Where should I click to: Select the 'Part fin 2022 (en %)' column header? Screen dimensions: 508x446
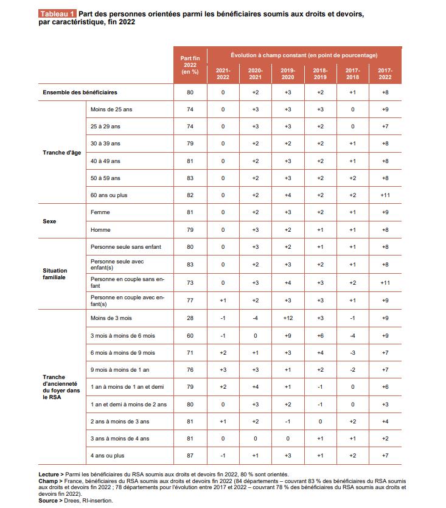coord(190,64)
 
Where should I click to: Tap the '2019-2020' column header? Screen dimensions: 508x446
coord(288,74)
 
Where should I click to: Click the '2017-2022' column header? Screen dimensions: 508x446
coord(385,74)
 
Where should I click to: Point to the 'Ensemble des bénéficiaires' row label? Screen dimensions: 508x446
coord(80,92)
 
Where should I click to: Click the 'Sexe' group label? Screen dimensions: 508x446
coord(50,222)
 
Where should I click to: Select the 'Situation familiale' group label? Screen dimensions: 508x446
coord(55,274)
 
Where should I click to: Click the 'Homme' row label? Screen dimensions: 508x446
coord(100,230)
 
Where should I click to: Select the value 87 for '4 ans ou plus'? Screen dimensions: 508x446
coord(190,455)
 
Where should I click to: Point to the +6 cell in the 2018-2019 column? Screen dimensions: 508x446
coord(320,336)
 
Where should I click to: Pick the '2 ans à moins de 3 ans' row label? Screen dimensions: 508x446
coord(119,421)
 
